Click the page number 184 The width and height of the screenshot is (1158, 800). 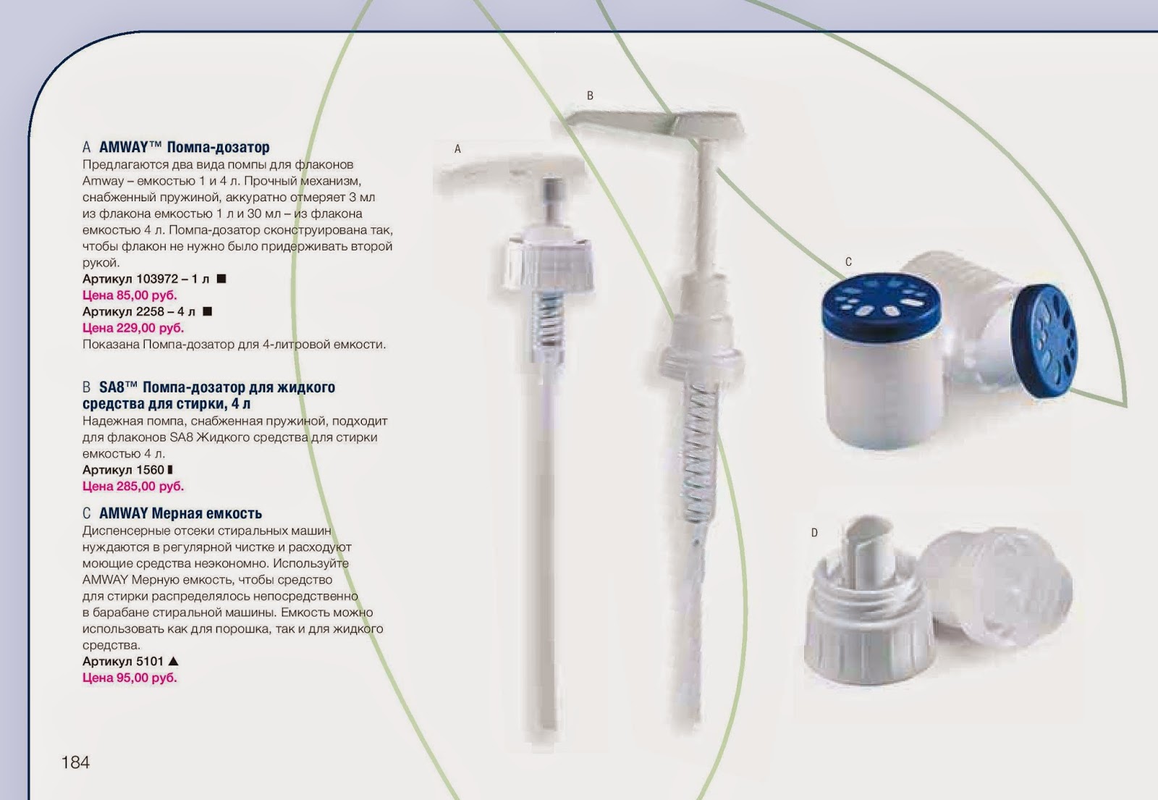pyautogui.click(x=75, y=762)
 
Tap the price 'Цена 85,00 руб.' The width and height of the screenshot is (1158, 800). pyautogui.click(x=130, y=295)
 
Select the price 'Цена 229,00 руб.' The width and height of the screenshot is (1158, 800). pyautogui.click(x=133, y=328)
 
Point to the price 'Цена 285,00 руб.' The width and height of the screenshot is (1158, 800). pyautogui.click(x=133, y=486)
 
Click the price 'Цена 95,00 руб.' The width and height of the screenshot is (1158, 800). pyautogui.click(x=130, y=678)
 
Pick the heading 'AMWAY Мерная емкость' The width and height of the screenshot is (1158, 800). pyautogui.click(x=180, y=513)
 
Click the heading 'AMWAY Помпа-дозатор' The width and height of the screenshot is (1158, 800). pyautogui.click(x=184, y=148)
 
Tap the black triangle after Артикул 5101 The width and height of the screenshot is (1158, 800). pyautogui.click(x=174, y=661)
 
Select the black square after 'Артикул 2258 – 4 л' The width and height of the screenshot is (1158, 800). pyautogui.click(x=207, y=311)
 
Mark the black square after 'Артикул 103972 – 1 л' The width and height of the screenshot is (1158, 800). pyautogui.click(x=221, y=279)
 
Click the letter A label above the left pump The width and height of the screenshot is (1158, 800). pyautogui.click(x=457, y=149)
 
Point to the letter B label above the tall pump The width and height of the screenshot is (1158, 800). pyautogui.click(x=590, y=96)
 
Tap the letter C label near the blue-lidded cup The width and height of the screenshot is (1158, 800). pyautogui.click(x=848, y=262)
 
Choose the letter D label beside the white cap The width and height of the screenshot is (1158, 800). pyautogui.click(x=814, y=533)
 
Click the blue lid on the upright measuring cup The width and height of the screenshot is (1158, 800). pyautogui.click(x=882, y=305)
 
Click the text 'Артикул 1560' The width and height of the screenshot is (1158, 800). pyautogui.click(x=123, y=470)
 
